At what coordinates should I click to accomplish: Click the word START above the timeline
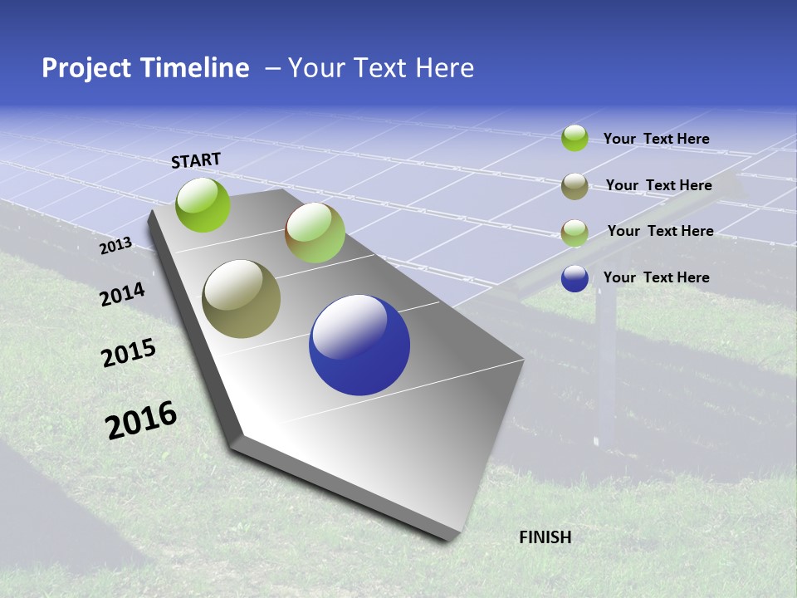[x=196, y=160]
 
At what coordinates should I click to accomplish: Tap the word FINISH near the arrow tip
[x=545, y=537]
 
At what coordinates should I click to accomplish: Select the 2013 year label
[x=115, y=246]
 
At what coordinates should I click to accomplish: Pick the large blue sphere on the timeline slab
[x=359, y=345]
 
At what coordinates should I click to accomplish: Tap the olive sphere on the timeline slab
[x=242, y=299]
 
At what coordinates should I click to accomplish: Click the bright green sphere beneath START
[x=203, y=204]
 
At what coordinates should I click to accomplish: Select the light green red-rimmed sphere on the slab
[x=315, y=233]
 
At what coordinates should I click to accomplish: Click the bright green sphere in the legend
[x=575, y=138]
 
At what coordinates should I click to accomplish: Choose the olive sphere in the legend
[x=575, y=186]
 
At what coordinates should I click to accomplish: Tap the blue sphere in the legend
[x=575, y=278]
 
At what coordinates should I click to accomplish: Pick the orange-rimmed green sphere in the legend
[x=575, y=233]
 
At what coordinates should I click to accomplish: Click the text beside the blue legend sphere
[x=656, y=277]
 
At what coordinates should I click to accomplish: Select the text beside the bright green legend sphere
[x=656, y=139]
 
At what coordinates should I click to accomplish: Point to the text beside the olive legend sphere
[x=658, y=185]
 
